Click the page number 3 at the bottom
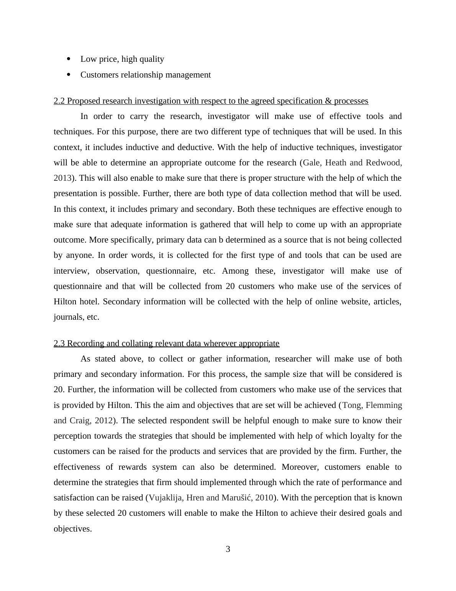228,549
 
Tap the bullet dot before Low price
69,59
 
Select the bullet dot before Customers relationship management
69,75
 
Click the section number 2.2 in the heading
59,101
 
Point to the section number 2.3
59,343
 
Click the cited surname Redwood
384,163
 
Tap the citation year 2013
62,178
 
